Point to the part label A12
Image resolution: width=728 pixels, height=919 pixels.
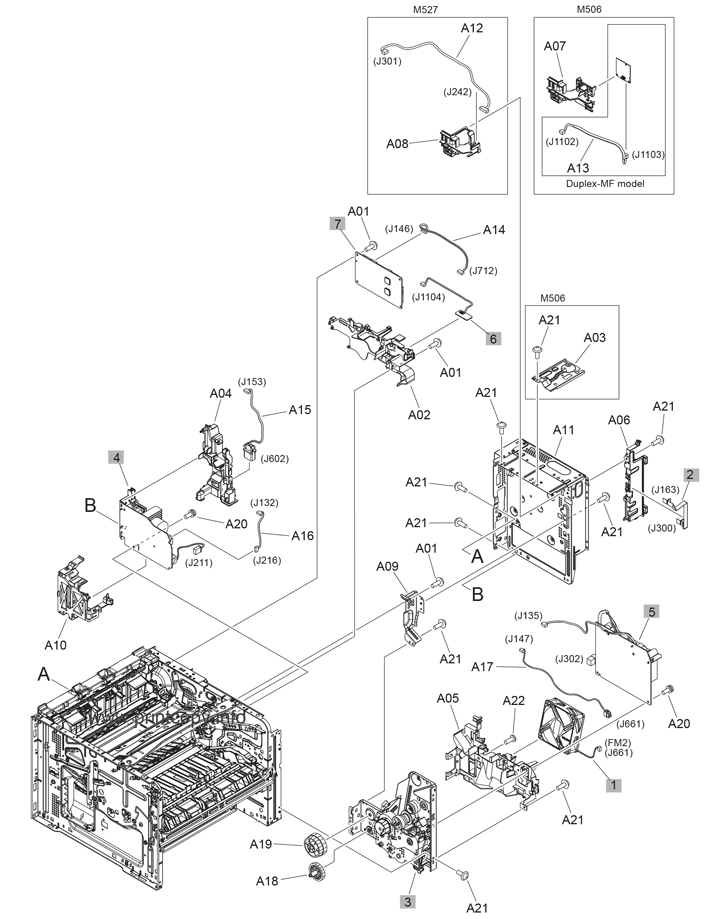472,29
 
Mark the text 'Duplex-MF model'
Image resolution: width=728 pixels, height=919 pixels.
604,184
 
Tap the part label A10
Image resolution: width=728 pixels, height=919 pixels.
56,645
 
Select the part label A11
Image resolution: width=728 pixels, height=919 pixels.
564,429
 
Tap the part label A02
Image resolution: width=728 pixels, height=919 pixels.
419,414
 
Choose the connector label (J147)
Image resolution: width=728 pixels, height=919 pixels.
519,638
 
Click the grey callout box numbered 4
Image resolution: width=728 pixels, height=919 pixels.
118,457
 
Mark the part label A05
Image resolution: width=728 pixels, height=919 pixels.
448,698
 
